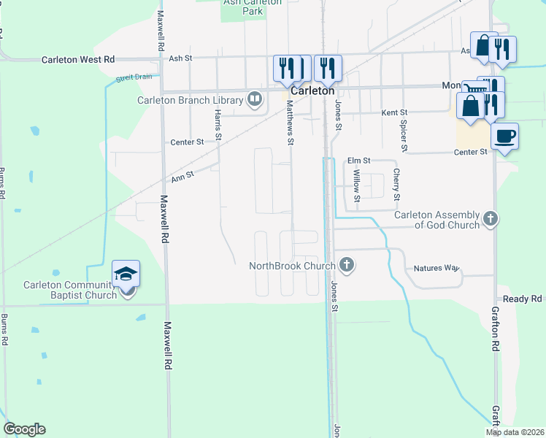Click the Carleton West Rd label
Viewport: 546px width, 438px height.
click(78, 59)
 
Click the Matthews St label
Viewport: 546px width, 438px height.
click(290, 123)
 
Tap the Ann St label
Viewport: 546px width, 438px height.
click(182, 175)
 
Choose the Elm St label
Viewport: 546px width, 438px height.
click(359, 161)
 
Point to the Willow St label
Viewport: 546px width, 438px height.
click(357, 186)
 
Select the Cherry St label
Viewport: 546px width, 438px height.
click(396, 184)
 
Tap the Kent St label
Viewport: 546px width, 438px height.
click(394, 113)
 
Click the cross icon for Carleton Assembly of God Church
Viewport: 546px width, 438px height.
click(491, 218)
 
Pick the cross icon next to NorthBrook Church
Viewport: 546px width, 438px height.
click(347, 265)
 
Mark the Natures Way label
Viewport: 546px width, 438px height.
click(436, 268)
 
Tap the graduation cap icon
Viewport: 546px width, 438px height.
click(126, 274)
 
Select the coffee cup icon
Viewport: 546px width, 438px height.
click(504, 136)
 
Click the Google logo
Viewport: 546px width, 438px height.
click(24, 429)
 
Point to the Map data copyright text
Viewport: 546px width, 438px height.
click(514, 432)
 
